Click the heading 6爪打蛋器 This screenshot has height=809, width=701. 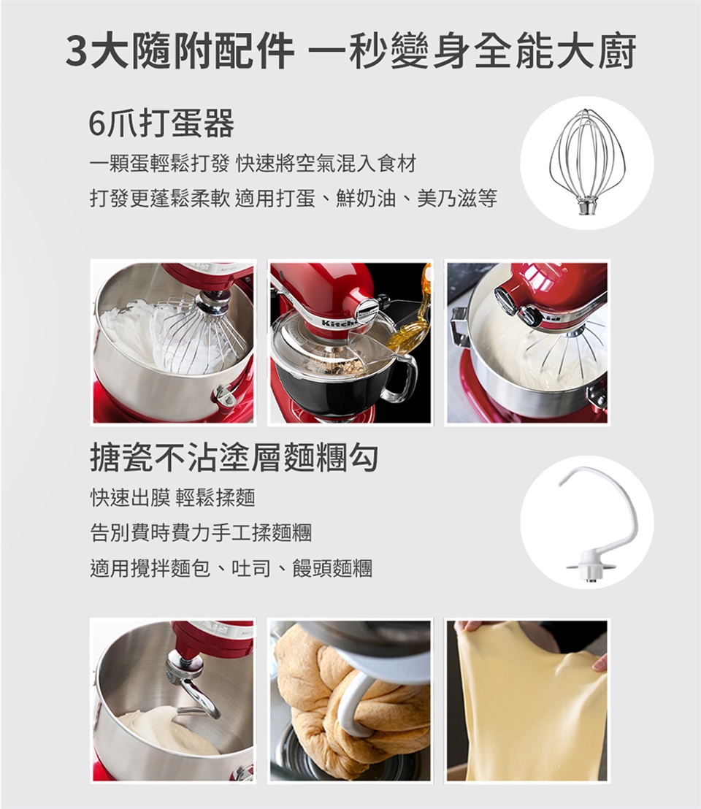click(x=161, y=125)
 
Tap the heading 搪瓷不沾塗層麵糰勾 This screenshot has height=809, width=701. click(x=234, y=459)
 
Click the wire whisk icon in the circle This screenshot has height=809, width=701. click(x=586, y=162)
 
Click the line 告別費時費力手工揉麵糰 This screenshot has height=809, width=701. click(x=201, y=532)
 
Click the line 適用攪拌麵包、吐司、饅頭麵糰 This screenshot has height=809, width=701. click(x=231, y=567)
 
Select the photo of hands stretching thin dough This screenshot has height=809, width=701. click(x=527, y=700)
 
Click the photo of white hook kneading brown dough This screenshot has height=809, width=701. click(x=350, y=700)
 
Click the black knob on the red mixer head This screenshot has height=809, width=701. click(x=505, y=299)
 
